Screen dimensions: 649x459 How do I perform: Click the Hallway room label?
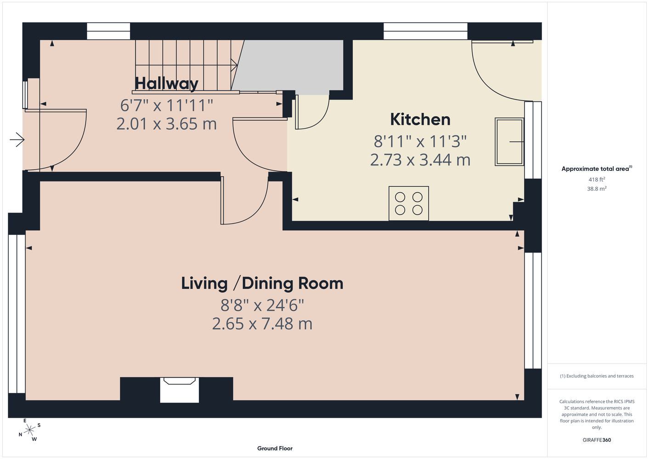pos(167,84)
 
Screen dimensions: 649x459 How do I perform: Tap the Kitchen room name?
pos(420,119)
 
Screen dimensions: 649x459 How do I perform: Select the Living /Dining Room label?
pos(262,283)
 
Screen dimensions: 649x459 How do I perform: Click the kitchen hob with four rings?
pos(408,203)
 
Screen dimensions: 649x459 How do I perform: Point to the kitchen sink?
pos(509,142)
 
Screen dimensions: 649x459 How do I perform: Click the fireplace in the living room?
pos(180,390)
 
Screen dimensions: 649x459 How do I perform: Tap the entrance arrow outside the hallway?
pos(17,140)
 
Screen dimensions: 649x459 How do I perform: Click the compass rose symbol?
pos(29,430)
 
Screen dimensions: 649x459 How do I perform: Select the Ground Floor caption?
pos(275,448)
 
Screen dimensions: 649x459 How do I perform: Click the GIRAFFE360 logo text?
pos(597,440)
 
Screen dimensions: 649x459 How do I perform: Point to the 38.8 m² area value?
pos(597,189)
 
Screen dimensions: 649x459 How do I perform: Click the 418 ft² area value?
pos(597,179)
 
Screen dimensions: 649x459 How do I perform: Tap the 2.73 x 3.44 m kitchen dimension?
pos(420,160)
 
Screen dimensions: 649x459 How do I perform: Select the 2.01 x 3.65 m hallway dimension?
pos(167,124)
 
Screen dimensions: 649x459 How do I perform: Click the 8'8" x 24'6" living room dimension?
pos(262,305)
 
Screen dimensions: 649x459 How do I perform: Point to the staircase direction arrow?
pos(234,65)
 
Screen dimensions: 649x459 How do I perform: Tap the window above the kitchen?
pos(425,31)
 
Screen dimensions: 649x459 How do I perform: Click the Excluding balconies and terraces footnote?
pos(597,376)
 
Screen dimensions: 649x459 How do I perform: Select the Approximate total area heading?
pos(597,168)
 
